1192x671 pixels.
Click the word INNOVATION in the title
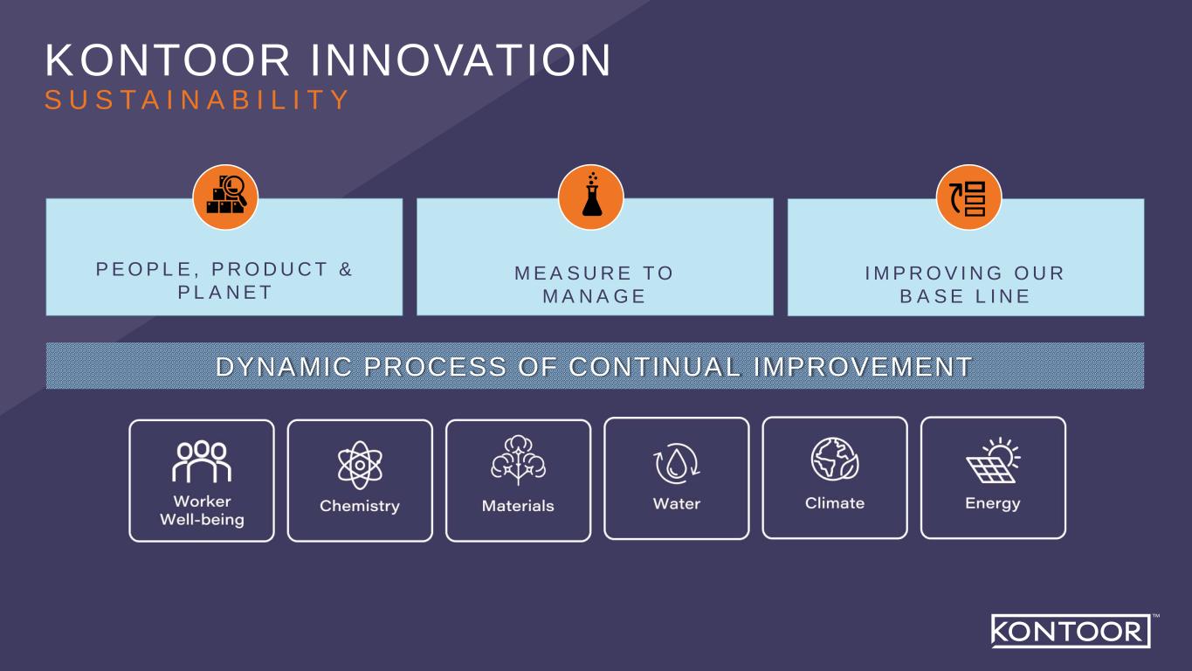click(461, 59)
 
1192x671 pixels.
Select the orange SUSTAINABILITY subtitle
click(196, 100)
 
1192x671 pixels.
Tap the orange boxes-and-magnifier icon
click(225, 197)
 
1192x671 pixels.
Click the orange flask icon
click(590, 197)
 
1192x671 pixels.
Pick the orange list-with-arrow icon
click(968, 197)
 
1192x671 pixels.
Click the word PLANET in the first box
click(225, 293)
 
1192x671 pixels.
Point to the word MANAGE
click(594, 296)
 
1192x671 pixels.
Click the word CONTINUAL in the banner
click(655, 366)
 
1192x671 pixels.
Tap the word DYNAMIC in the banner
click(284, 366)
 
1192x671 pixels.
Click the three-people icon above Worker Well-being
click(202, 461)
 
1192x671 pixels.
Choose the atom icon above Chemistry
click(360, 465)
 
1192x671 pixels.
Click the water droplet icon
click(676, 464)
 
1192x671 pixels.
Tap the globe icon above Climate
click(835, 459)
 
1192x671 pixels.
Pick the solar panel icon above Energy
click(993, 460)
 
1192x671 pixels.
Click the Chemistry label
click(360, 506)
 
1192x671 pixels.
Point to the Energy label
click(993, 504)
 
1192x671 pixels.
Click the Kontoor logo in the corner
click(1071, 632)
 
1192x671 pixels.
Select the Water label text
click(677, 504)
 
